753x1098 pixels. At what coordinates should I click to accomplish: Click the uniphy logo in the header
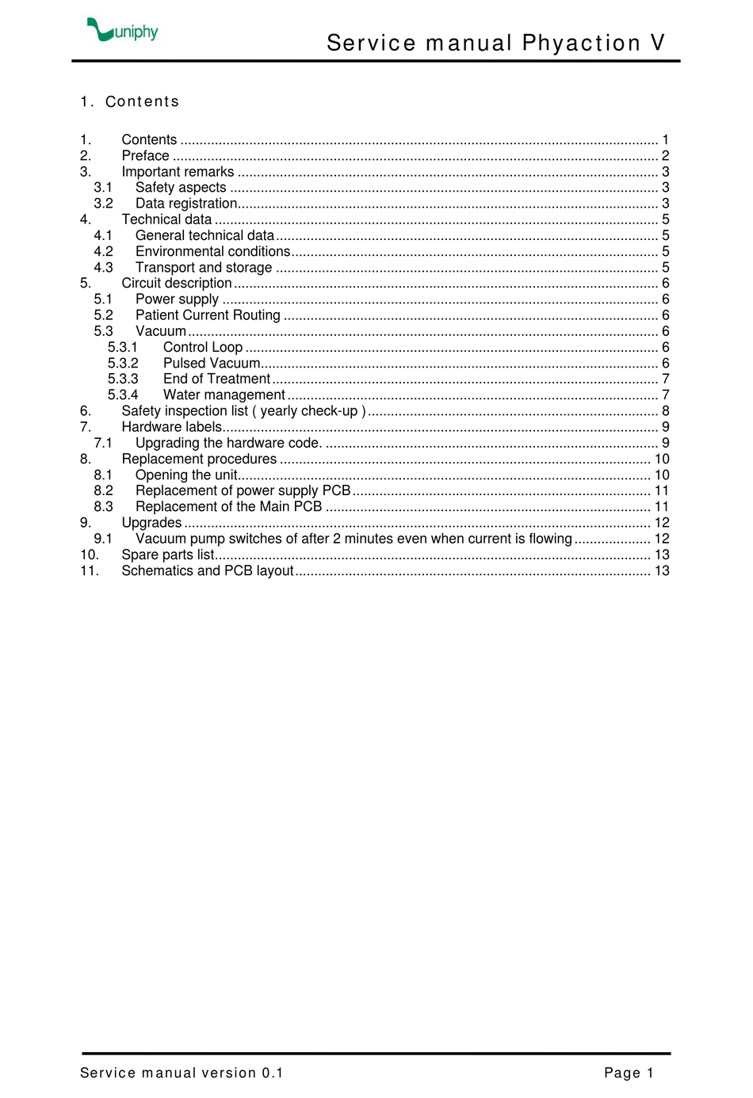[123, 30]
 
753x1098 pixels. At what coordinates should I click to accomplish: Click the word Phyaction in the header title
[581, 43]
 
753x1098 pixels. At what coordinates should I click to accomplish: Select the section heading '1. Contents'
[130, 101]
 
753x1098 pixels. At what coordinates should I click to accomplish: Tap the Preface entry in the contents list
[145, 156]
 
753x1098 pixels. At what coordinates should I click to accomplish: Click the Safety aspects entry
[181, 188]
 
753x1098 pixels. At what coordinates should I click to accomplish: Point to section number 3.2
[103, 204]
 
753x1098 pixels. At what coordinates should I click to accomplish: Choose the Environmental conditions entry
[212, 252]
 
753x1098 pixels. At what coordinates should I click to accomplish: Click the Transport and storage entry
[204, 268]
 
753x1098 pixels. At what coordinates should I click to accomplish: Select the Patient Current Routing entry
[208, 315]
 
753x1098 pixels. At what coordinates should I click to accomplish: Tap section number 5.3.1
[123, 348]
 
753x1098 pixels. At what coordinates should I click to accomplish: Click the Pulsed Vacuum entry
[212, 364]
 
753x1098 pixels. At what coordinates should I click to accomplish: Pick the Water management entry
[224, 395]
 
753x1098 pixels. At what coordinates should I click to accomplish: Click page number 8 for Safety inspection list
[666, 411]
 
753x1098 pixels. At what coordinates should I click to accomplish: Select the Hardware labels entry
[171, 427]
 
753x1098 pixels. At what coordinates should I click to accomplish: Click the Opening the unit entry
[186, 475]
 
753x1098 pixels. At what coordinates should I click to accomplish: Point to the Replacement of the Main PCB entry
[228, 507]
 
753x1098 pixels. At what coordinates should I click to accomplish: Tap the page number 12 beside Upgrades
[662, 523]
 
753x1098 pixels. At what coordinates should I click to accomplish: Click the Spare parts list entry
[167, 555]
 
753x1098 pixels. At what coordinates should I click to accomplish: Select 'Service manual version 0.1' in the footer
[182, 1073]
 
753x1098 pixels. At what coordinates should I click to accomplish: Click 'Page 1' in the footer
[629, 1073]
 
